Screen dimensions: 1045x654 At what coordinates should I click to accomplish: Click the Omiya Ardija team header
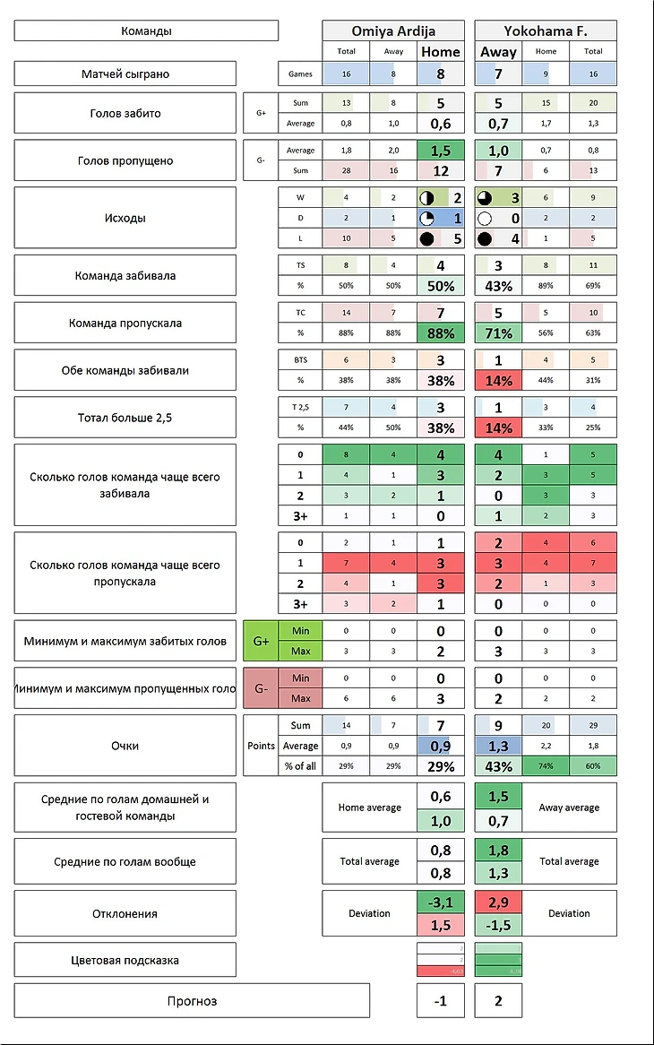pos(393,30)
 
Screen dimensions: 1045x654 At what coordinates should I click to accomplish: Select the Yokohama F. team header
pos(545,30)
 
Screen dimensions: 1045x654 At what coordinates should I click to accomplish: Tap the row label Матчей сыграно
pos(125,73)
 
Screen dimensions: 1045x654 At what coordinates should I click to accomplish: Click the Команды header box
pos(146,30)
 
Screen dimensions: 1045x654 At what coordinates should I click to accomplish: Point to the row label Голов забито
pos(125,114)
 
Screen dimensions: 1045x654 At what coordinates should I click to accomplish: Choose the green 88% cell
pos(441,333)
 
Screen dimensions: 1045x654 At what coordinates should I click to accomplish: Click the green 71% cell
pos(498,333)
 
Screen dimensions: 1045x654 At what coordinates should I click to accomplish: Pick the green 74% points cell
pos(546,766)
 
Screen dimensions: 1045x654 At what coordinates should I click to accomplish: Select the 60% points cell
pos(593,766)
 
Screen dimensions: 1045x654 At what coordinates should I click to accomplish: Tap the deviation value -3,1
pos(441,902)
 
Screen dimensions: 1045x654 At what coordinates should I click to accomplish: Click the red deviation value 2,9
pos(498,902)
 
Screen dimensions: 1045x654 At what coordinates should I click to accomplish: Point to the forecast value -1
pos(441,1001)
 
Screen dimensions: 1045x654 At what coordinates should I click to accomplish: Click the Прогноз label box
pos(192,1000)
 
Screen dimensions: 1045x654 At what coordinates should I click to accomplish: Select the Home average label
pos(369,807)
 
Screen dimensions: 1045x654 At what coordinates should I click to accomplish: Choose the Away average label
pos(569,807)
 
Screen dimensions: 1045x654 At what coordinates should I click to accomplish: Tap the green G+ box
pos(261,642)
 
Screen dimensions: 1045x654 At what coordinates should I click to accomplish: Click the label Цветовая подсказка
pos(125,960)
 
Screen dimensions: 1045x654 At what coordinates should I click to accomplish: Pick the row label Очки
pos(125,745)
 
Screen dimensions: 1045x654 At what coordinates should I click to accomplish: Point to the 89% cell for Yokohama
pos(546,286)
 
